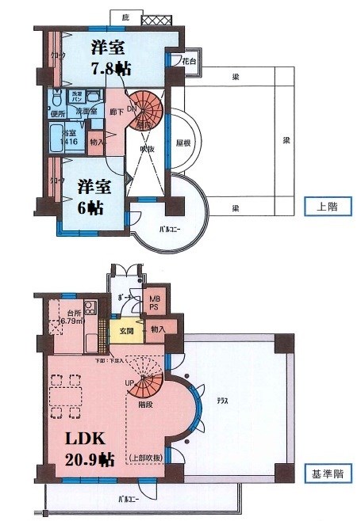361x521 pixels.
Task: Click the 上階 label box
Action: [323, 206]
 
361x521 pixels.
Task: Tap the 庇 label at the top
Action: [125, 17]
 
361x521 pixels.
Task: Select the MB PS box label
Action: [154, 302]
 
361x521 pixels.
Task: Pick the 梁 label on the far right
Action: [286, 140]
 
